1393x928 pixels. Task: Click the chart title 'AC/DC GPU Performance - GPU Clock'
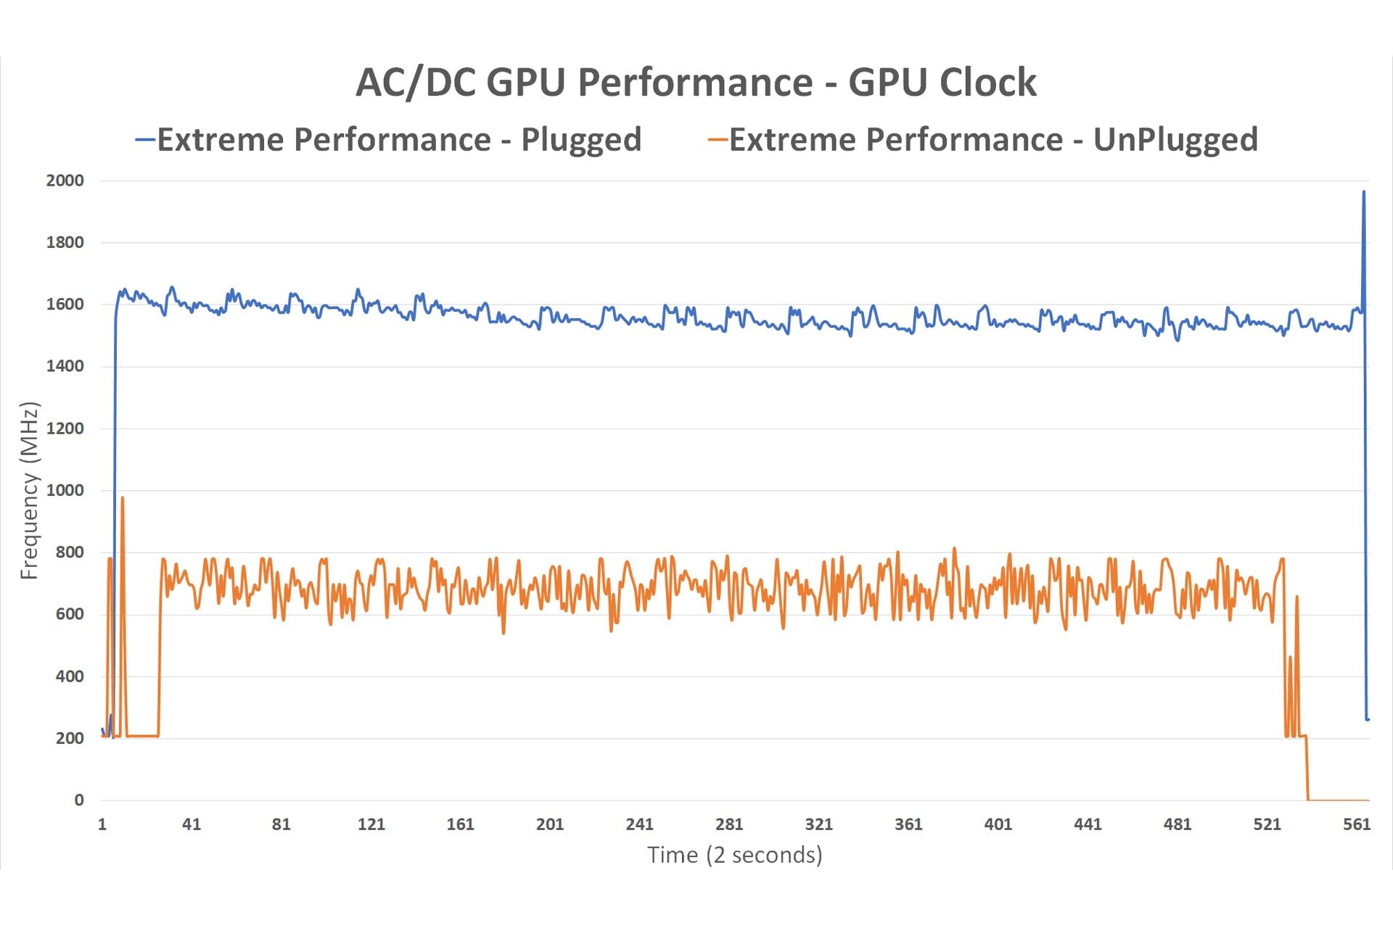(x=696, y=82)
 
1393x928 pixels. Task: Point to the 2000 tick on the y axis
(x=65, y=181)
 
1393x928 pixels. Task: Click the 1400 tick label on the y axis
(x=65, y=366)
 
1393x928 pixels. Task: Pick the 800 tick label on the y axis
(x=70, y=552)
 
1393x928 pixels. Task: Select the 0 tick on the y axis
(x=79, y=800)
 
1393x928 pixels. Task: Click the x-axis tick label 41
(x=191, y=824)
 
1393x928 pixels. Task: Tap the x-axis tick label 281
(x=729, y=824)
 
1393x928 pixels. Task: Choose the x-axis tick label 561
(x=1356, y=824)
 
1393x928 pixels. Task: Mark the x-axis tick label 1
(x=102, y=824)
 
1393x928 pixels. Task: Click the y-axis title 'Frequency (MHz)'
(x=29, y=491)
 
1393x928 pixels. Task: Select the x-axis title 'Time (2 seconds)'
(x=734, y=855)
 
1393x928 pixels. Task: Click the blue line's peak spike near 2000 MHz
(x=1363, y=192)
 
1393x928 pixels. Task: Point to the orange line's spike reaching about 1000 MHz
(x=122, y=498)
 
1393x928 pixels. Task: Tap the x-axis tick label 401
(x=998, y=824)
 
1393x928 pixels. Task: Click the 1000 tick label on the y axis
(x=65, y=490)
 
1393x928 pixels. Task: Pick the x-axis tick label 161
(x=460, y=824)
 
